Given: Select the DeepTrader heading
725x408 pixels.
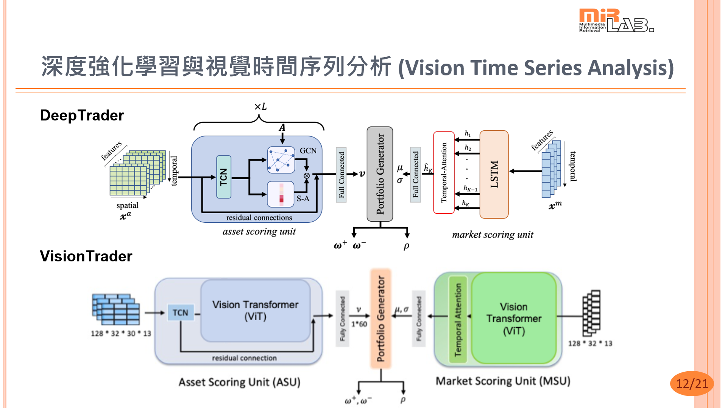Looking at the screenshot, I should pyautogui.click(x=82, y=115).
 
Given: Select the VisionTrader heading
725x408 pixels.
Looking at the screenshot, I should pyautogui.click(x=86, y=256).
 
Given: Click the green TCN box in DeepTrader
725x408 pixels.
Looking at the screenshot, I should pyautogui.click(x=223, y=177).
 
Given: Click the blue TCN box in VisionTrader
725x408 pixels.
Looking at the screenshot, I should pyautogui.click(x=180, y=313).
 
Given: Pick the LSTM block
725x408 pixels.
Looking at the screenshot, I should pyautogui.click(x=494, y=174).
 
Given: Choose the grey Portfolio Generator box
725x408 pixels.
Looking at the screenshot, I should pyautogui.click(x=380, y=174).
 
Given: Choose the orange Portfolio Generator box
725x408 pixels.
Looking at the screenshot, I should pyautogui.click(x=380, y=318).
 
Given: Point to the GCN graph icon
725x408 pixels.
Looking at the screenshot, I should pyautogui.click(x=281, y=160).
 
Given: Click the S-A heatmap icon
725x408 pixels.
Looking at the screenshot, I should pyautogui.click(x=281, y=194).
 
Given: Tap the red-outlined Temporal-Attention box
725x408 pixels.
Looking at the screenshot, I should pyautogui.click(x=444, y=172).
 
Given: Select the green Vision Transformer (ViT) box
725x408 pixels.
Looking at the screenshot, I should pyautogui.click(x=514, y=318).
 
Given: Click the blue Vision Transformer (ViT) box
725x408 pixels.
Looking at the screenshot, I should pyautogui.click(x=255, y=310).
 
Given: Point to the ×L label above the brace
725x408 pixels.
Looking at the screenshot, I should pyautogui.click(x=260, y=107).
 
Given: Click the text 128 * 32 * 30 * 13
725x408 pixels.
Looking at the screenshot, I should pyautogui.click(x=121, y=333).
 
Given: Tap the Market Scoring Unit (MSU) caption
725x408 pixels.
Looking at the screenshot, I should pyautogui.click(x=503, y=381).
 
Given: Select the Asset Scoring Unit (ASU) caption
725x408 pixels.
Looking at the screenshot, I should pyautogui.click(x=239, y=382).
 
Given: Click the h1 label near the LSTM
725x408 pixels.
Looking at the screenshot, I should pyautogui.click(x=468, y=133).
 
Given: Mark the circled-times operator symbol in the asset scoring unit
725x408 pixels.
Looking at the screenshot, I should pyautogui.click(x=307, y=176).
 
